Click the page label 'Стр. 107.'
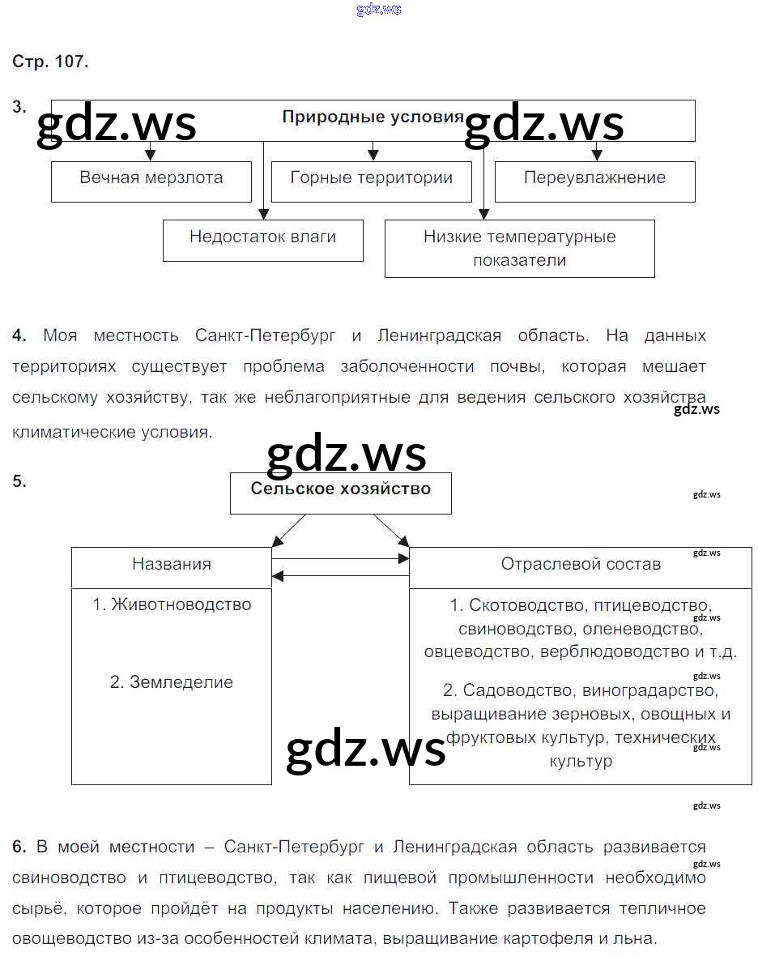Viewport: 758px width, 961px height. (50, 62)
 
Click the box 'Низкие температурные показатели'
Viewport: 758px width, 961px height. (519, 249)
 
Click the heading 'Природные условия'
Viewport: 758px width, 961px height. (373, 117)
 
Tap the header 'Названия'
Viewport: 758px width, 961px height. (172, 564)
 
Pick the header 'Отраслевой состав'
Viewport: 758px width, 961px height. (581, 564)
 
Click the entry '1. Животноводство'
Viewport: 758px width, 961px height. (172, 604)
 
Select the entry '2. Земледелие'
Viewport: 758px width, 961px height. (172, 682)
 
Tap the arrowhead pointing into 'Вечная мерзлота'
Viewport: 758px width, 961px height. (150, 155)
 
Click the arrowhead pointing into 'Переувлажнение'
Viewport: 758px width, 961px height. (597, 155)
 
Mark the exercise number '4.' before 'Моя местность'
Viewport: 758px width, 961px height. (19, 335)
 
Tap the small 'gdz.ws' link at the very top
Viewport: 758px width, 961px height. (378, 10)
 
